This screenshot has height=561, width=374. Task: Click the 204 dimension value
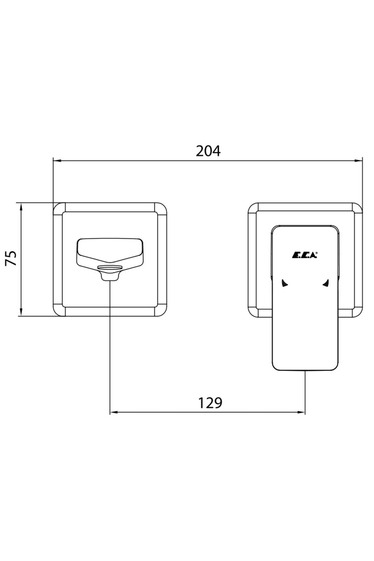pos(208,151)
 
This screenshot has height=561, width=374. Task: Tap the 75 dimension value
pos(12,258)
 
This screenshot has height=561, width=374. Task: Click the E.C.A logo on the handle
pos(304,255)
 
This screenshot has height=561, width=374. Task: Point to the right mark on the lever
pos(326,283)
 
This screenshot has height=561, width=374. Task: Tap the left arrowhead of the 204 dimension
pos(57,161)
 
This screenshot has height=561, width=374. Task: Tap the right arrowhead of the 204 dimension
pos(359,161)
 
